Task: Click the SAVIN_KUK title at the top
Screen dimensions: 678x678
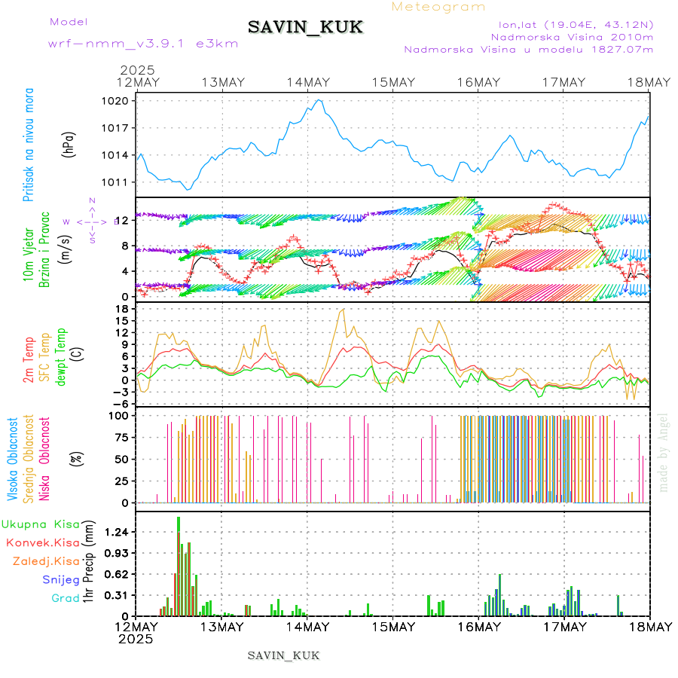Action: (x=306, y=27)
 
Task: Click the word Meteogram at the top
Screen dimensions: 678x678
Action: (x=439, y=7)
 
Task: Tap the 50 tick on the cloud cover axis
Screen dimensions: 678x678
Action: (x=121, y=459)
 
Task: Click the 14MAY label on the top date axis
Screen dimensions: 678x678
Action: (x=307, y=82)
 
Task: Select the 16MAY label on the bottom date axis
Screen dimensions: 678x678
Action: (x=478, y=627)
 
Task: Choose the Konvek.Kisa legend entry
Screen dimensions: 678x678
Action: (x=43, y=542)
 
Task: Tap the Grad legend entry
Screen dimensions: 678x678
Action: (x=66, y=599)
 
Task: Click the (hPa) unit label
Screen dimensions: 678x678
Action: (x=69, y=144)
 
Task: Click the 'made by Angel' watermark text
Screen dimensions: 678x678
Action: (x=664, y=453)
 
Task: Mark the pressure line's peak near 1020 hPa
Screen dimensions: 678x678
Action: (x=319, y=99)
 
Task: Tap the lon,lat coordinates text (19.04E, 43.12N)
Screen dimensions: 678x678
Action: (x=570, y=24)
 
